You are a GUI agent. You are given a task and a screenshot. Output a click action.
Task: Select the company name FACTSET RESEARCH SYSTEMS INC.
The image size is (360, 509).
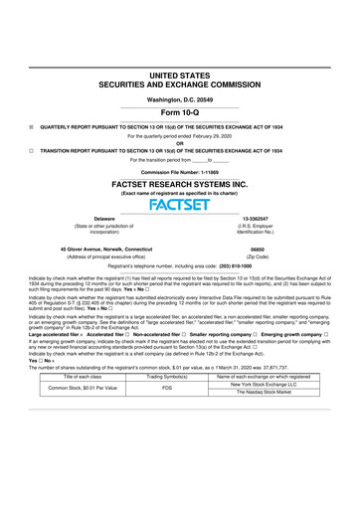(x=179, y=186)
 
